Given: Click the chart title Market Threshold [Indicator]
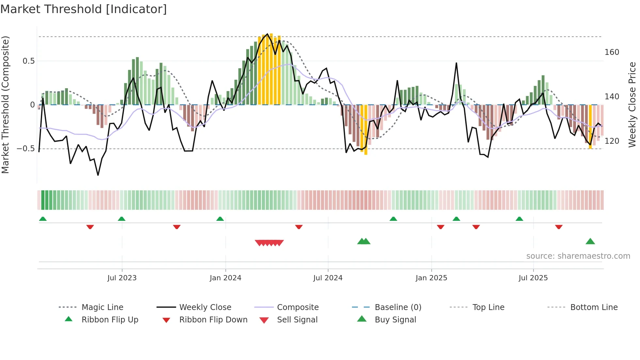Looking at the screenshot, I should coord(84,9).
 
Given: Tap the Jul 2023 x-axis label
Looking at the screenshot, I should coord(122,278).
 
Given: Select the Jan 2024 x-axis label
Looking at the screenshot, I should coord(225,278).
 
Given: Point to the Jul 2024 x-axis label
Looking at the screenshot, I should coord(328,278).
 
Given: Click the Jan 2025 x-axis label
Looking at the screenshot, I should coord(431,278).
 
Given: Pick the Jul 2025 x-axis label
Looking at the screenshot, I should coord(533,278).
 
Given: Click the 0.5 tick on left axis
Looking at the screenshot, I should coord(29,61).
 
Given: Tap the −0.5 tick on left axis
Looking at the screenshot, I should coord(26,149).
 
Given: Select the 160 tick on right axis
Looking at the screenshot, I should coord(612,52).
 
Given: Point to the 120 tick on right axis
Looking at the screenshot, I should coord(612,141).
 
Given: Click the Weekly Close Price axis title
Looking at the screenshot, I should coord(632,105).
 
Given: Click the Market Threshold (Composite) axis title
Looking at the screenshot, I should coord(5,105).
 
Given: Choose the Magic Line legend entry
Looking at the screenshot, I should coord(102,307).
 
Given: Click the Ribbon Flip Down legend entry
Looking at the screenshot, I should coord(213,320).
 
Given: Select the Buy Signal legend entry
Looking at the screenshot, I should coord(395,320).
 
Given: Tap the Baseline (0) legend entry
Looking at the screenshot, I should coord(398,307).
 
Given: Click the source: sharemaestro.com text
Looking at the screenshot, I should coord(578,256).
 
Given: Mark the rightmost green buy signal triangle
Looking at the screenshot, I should coord(590,242).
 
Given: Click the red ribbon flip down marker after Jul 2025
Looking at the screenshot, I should coord(559,227).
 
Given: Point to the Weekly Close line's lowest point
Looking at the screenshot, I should coord(98,175).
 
